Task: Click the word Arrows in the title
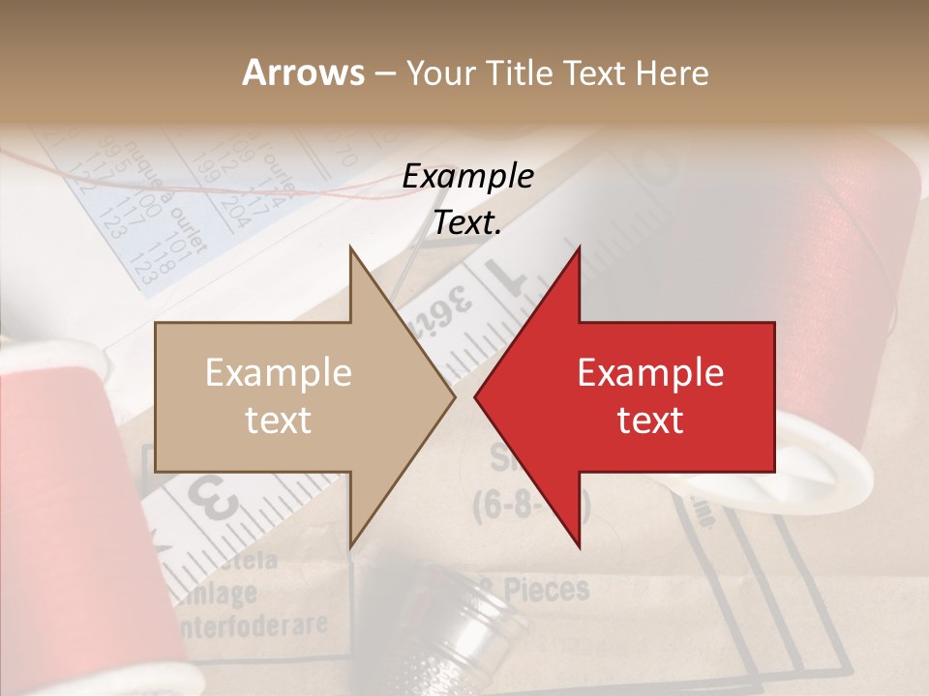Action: pyautogui.click(x=303, y=72)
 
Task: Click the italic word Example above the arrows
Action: pyautogui.click(x=467, y=177)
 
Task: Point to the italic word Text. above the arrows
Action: pyautogui.click(x=467, y=223)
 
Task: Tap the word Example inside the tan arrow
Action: pyautogui.click(x=279, y=373)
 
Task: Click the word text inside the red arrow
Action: pyautogui.click(x=650, y=420)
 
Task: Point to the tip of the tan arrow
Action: pyautogui.click(x=452, y=396)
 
